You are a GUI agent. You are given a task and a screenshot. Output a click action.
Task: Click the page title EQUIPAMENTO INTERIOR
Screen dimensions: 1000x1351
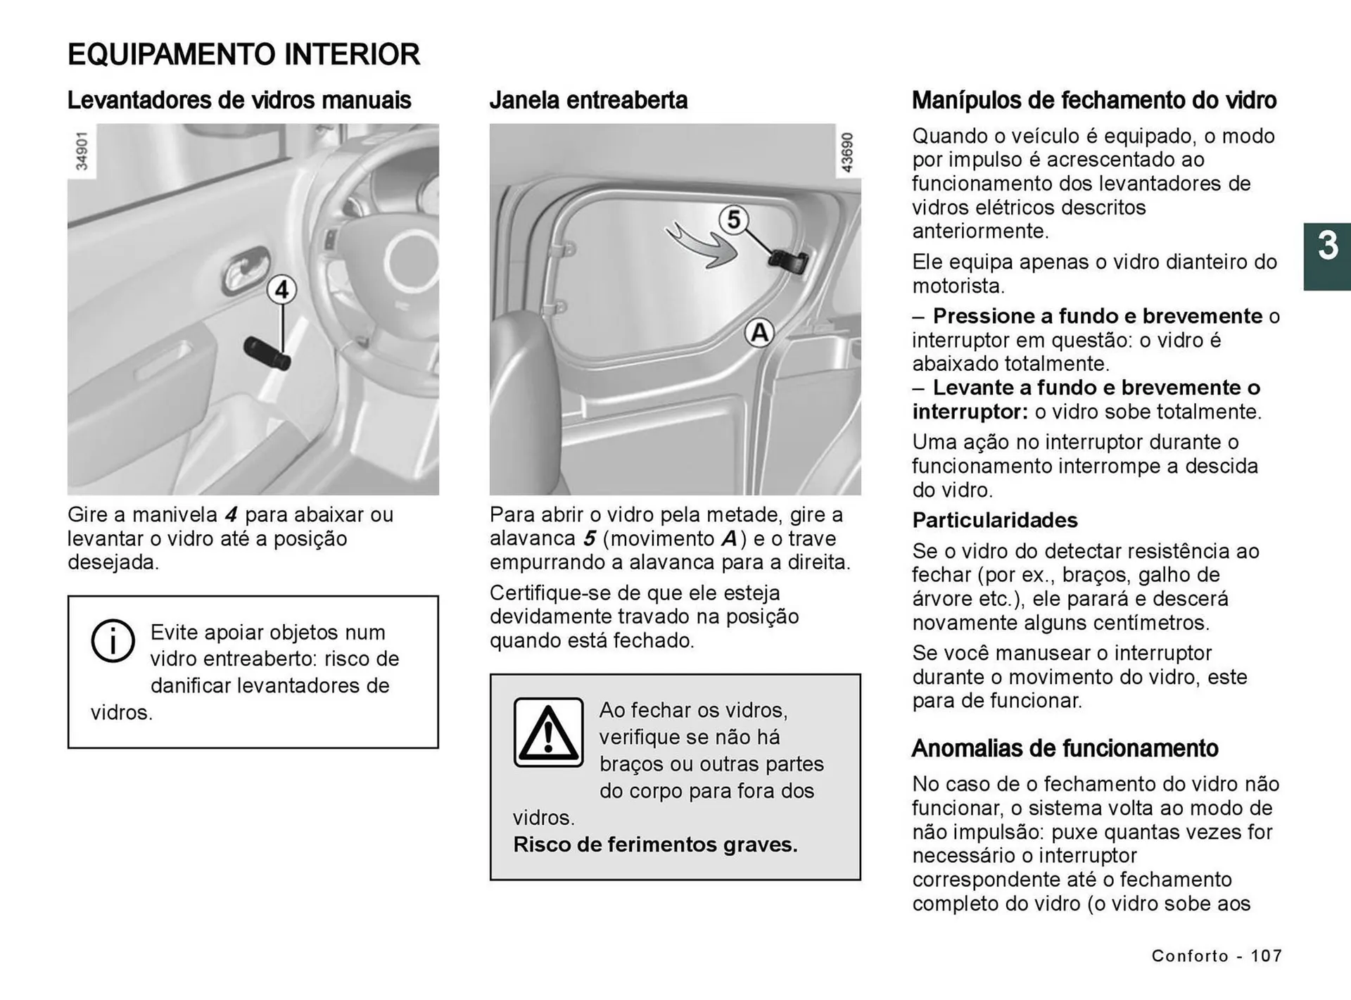[243, 54]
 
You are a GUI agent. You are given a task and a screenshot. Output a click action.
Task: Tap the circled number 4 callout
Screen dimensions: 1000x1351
[281, 290]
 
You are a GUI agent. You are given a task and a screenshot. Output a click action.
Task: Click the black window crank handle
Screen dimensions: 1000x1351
[267, 353]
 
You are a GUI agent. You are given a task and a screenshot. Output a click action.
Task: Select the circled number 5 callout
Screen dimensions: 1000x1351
[733, 220]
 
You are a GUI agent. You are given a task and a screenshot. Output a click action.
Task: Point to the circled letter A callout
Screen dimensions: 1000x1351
[759, 332]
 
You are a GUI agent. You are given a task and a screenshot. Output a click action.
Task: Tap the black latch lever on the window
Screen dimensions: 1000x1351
[788, 261]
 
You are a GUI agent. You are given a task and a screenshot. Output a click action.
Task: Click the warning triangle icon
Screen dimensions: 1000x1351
[548, 732]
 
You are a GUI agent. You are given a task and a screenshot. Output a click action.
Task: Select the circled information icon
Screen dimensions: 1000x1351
[113, 640]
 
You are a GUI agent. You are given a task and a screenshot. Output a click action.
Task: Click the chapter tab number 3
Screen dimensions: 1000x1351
[1327, 246]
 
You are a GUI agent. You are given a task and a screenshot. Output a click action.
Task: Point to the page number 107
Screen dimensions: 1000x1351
[1266, 956]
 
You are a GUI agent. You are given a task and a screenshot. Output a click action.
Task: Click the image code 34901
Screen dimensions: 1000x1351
[82, 151]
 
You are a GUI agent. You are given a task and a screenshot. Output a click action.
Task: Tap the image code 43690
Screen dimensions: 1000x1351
[847, 152]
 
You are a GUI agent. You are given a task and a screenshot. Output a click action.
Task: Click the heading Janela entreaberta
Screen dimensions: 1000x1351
[588, 100]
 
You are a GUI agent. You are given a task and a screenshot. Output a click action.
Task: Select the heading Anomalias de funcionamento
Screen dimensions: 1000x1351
[1065, 748]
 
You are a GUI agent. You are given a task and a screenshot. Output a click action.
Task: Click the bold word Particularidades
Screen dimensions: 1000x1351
[995, 520]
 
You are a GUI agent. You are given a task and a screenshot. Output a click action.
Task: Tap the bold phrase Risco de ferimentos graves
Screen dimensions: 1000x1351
[655, 844]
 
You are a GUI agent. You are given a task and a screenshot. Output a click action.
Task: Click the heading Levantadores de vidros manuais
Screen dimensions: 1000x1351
[239, 100]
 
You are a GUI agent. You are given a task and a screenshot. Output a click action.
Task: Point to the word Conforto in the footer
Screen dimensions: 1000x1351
[1189, 956]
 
